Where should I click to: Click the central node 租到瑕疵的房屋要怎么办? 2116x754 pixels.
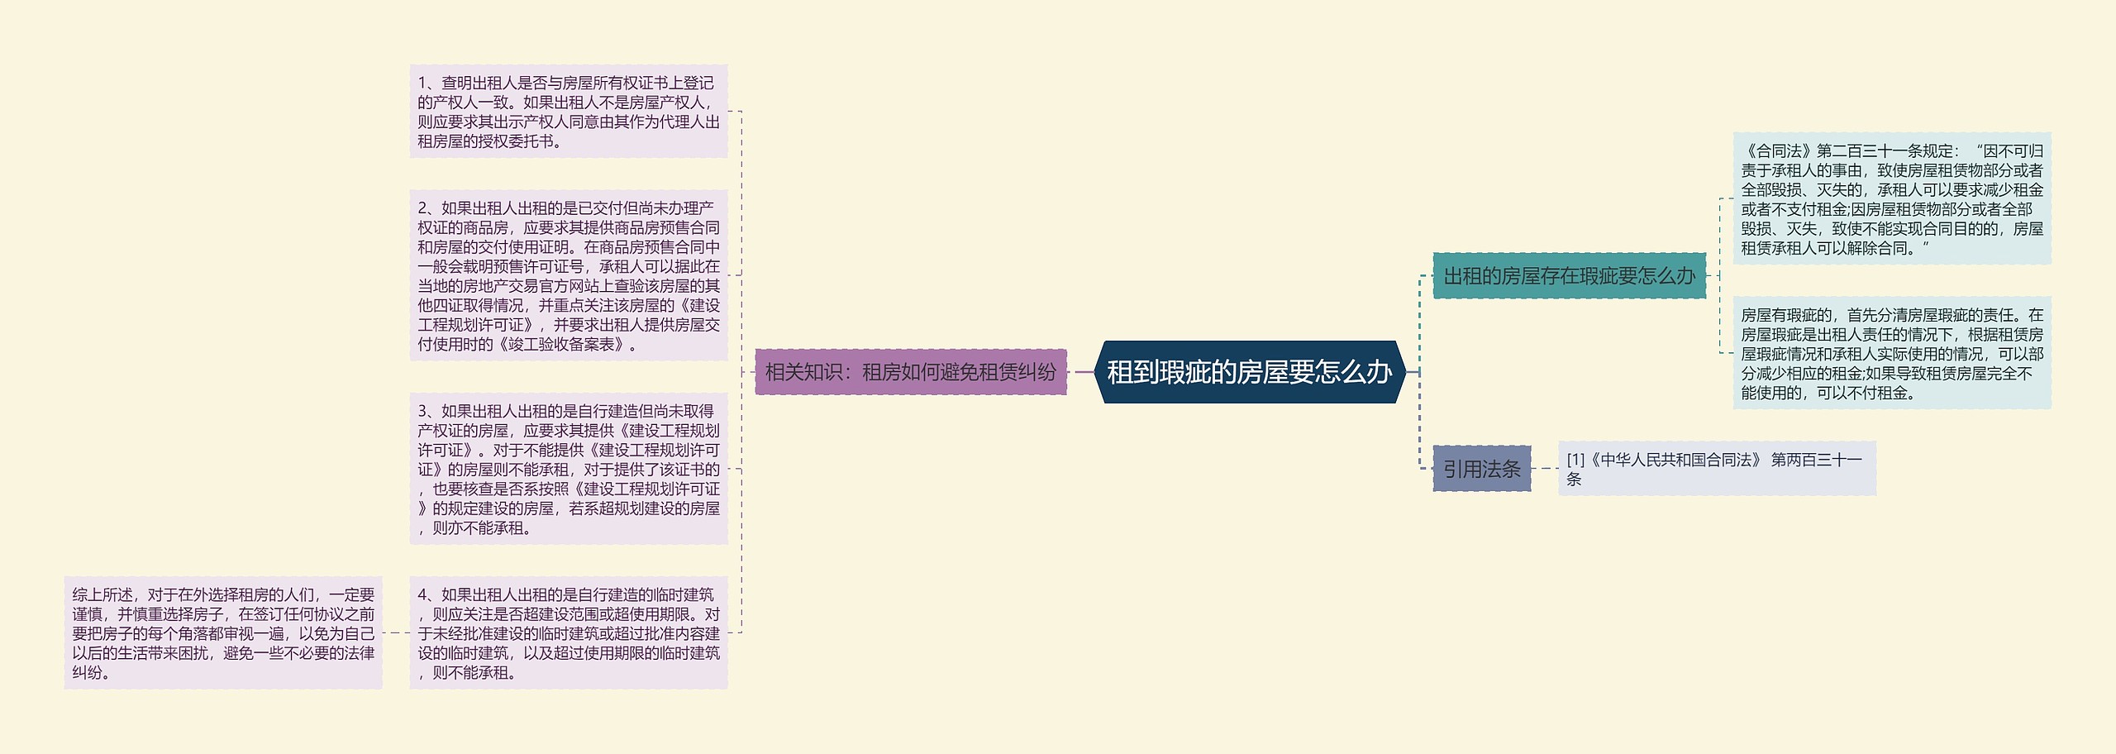coord(1249,372)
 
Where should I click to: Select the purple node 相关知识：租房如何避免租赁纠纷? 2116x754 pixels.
coord(910,372)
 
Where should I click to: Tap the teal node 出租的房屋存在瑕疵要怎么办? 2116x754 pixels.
coord(1569,276)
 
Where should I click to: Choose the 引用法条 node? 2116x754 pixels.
coord(1481,469)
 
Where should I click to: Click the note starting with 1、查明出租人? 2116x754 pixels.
coord(569,112)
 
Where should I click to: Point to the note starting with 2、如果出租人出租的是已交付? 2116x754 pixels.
coord(569,275)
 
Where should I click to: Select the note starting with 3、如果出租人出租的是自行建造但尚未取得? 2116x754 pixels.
coord(569,469)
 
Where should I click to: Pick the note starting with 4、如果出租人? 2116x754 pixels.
coord(569,632)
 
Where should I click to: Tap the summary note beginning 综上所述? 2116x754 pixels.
coord(223,632)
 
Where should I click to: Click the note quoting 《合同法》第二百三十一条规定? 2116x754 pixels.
coord(1891,198)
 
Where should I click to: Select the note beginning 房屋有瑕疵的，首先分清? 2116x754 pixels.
coord(1891,353)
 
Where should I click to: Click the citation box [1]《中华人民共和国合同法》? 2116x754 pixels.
coord(1717,469)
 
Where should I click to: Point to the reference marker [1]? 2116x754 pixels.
coord(1575,461)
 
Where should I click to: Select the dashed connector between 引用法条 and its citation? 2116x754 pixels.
coord(1545,469)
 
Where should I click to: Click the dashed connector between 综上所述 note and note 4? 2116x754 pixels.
coord(396,632)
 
